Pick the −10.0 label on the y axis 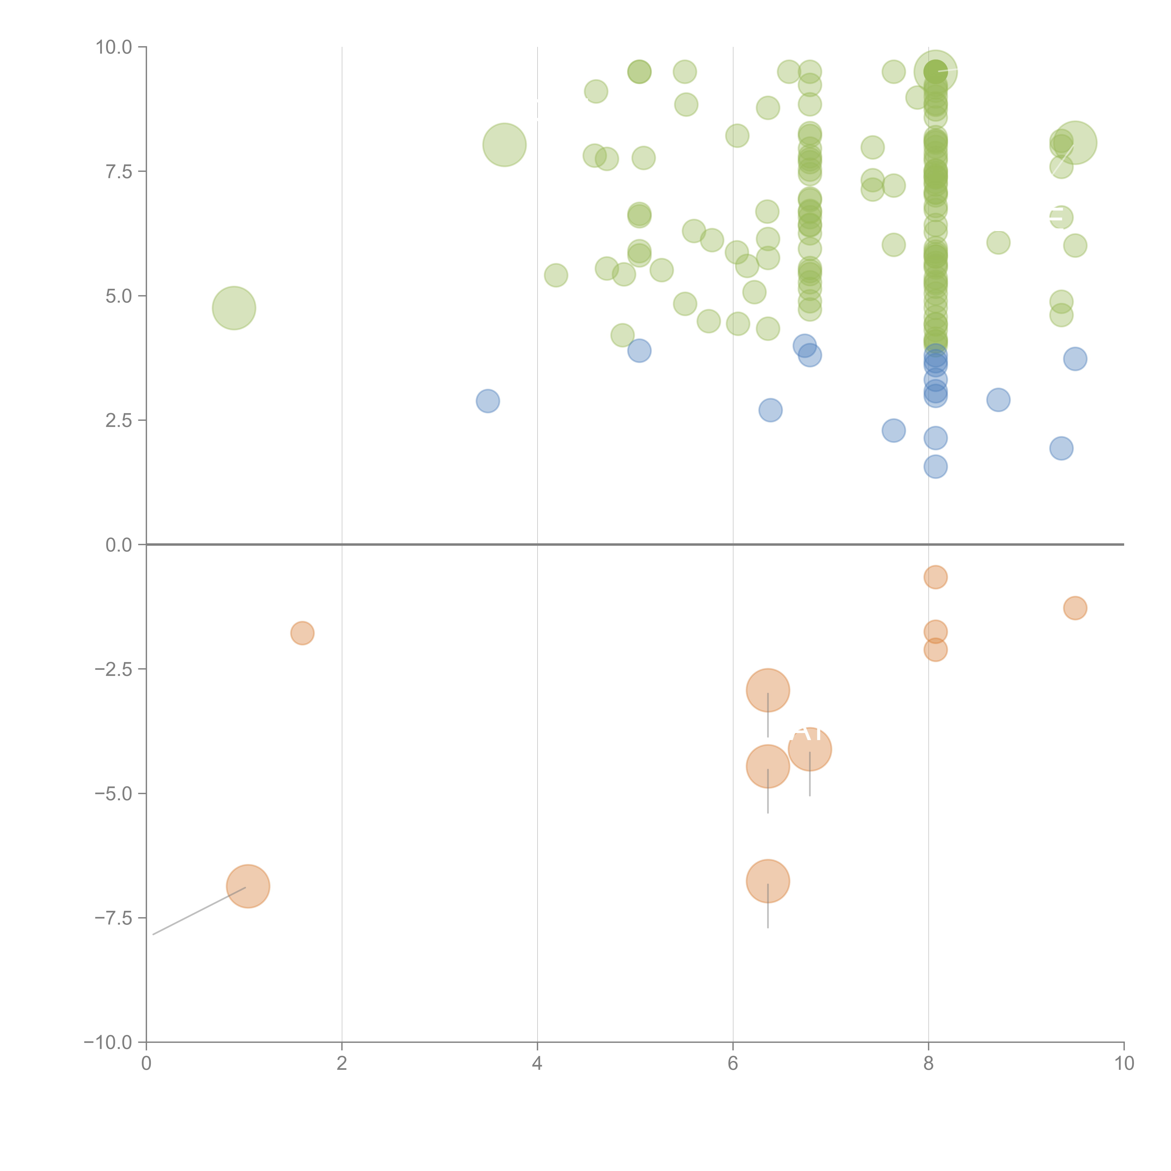coord(108,1042)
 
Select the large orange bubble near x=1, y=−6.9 coord(248,886)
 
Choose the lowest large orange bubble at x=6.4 coord(768,881)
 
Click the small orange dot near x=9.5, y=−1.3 coord(1075,608)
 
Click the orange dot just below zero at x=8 coord(935,577)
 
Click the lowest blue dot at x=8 coord(935,467)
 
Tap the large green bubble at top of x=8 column coord(935,71)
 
